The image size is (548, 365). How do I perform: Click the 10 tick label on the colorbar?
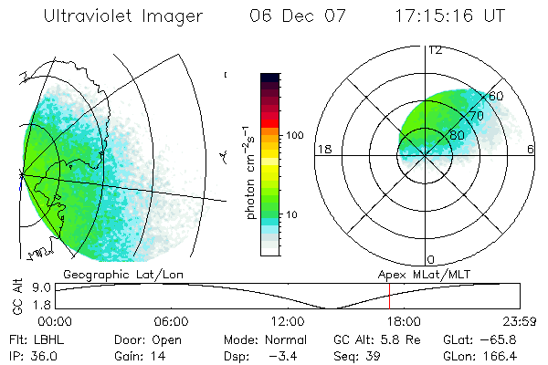(x=295, y=214)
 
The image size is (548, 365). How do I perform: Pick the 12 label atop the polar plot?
(x=436, y=49)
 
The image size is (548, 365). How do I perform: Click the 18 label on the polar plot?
(x=322, y=149)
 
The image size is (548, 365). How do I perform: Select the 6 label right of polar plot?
(x=531, y=149)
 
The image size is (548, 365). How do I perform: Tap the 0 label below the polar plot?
(x=431, y=259)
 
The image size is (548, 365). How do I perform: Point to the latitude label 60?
(x=497, y=96)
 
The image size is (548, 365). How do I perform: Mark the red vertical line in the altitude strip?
(x=389, y=296)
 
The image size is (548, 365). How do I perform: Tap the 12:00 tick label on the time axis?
(x=288, y=321)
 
